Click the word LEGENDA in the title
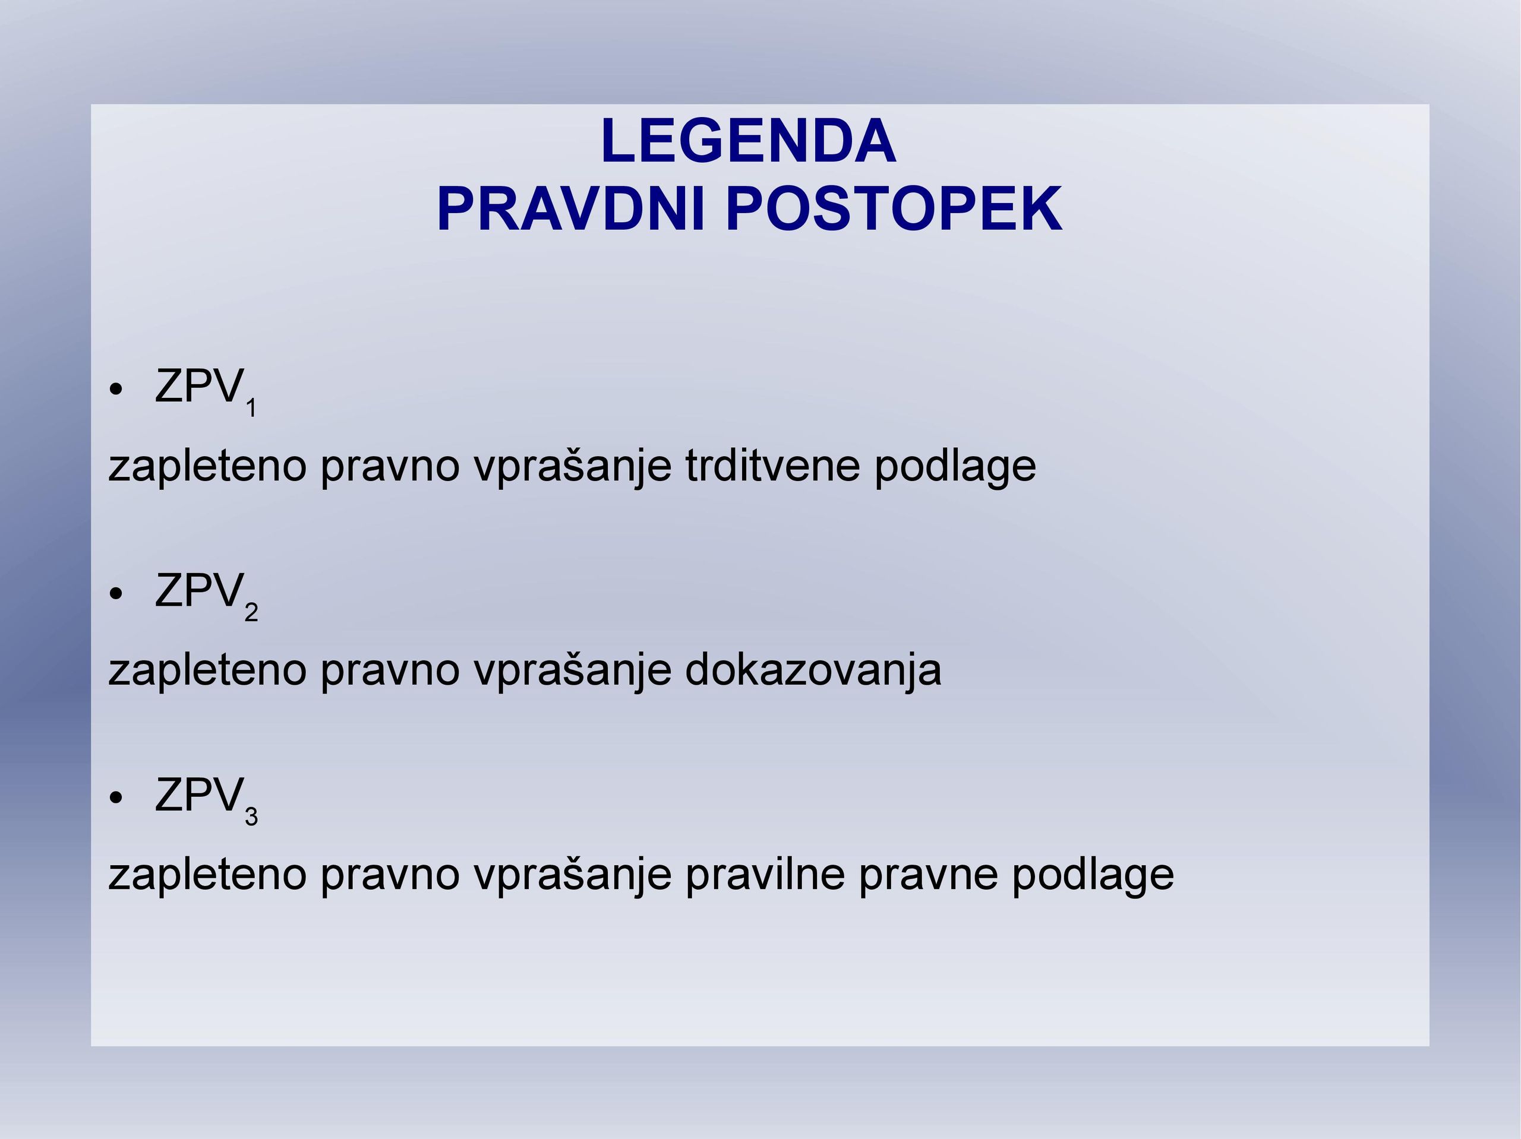(x=748, y=141)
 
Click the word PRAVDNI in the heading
(x=572, y=209)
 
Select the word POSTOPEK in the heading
(x=894, y=209)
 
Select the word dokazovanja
(x=813, y=670)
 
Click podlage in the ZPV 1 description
(x=955, y=467)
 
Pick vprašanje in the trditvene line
(x=572, y=467)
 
